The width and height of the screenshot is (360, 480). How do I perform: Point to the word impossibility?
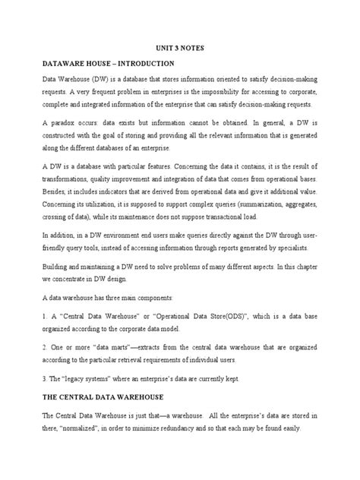point(238,90)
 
